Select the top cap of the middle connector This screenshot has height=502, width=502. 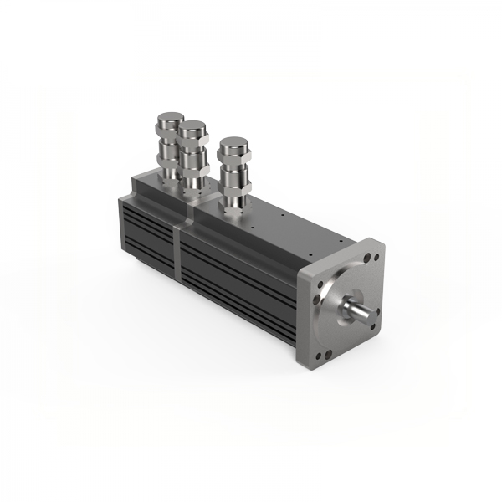pyautogui.click(x=194, y=129)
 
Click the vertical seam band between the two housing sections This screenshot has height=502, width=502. pyautogui.click(x=179, y=247)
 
